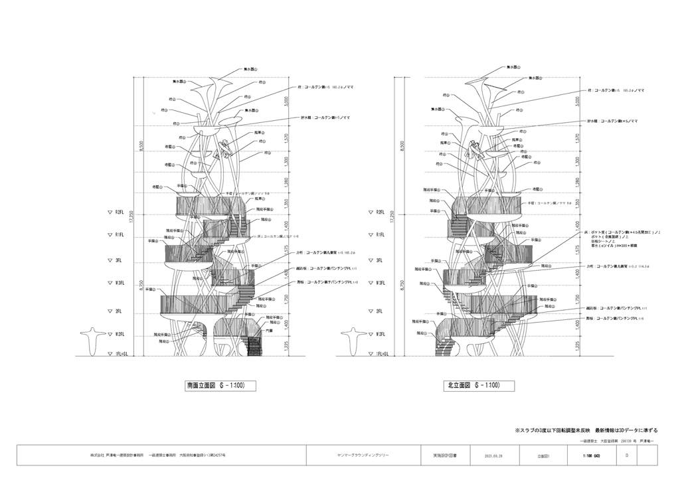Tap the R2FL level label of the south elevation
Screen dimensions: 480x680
(118, 212)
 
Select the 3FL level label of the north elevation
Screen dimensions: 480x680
(379, 260)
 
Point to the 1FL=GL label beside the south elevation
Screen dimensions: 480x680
(119, 355)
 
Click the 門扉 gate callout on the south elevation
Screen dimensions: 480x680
(269, 330)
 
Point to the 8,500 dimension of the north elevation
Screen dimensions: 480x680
(400, 145)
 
